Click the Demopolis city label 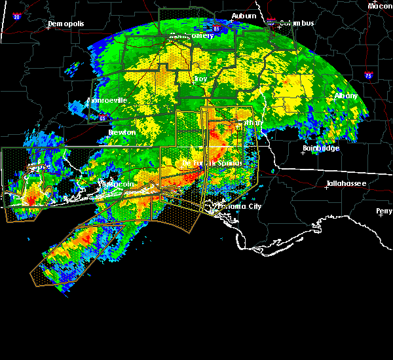pyautogui.click(x=66, y=24)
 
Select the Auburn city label pyautogui.click(x=244, y=15)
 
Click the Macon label pyautogui.click(x=380, y=6)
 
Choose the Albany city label pyautogui.click(x=346, y=96)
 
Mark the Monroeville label pyautogui.click(x=107, y=101)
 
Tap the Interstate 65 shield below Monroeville pyautogui.click(x=102, y=118)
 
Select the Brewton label pyautogui.click(x=122, y=132)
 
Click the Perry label pyautogui.click(x=384, y=211)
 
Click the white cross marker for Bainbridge pyautogui.click(x=303, y=153)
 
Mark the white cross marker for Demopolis pyautogui.click(x=48, y=28)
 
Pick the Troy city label pyautogui.click(x=200, y=79)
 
